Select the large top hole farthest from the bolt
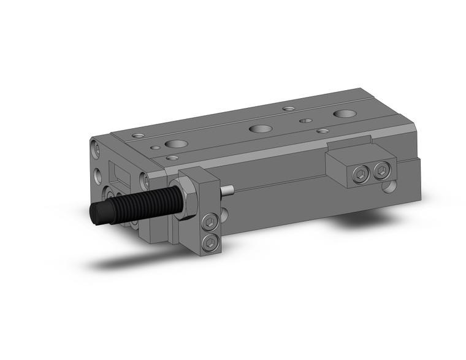pyautogui.click(x=343, y=114)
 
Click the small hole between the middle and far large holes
pyautogui.click(x=304, y=121)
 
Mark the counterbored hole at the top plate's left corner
pyautogui.click(x=138, y=135)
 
